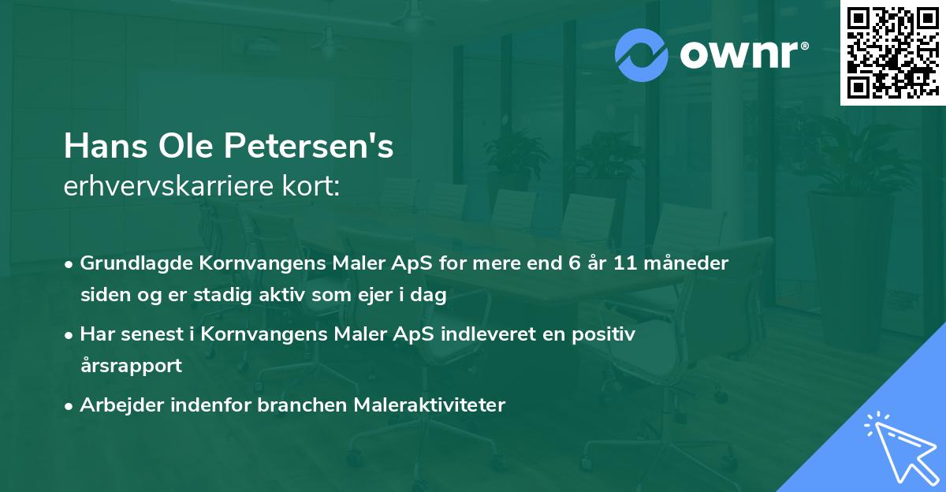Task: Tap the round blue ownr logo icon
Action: click(640, 54)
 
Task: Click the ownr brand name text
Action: click(743, 54)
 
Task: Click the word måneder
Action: click(687, 263)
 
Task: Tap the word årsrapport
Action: click(131, 366)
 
